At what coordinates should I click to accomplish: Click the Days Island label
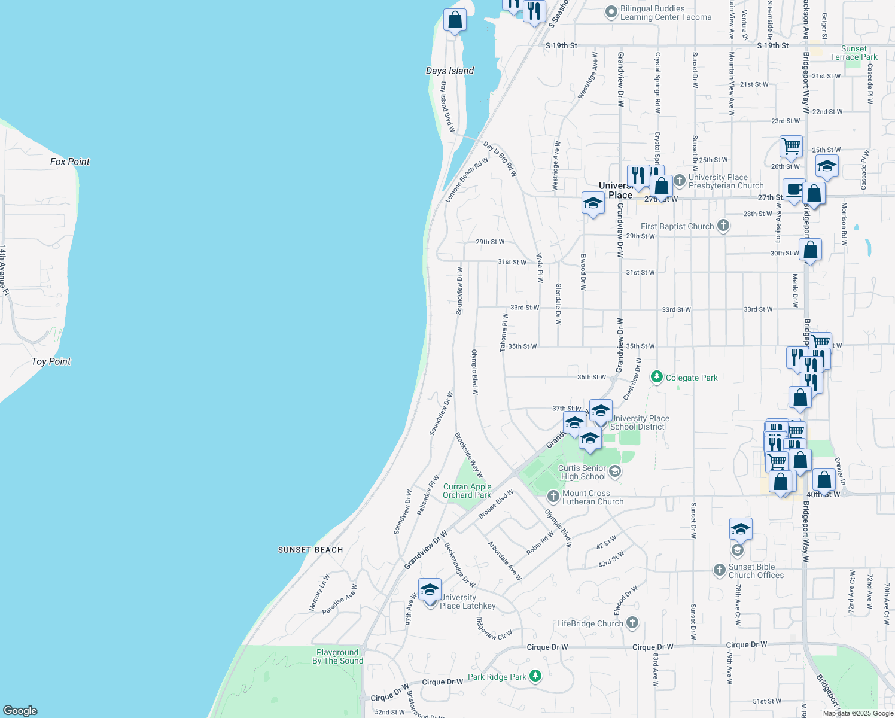tap(450, 71)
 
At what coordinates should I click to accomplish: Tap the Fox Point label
tap(70, 162)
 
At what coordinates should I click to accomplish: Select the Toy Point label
tap(51, 361)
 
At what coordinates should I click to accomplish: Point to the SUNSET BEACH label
tap(310, 550)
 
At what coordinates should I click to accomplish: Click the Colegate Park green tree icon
tap(657, 377)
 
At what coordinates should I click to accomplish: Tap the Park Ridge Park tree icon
tap(535, 676)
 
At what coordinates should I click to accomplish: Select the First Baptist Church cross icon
tap(723, 226)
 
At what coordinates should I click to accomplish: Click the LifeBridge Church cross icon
tap(632, 623)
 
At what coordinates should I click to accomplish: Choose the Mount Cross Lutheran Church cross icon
tap(553, 497)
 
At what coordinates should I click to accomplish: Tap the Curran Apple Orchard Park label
tap(467, 491)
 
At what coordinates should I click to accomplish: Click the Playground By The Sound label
tap(338, 656)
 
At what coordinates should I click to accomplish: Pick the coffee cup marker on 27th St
tap(794, 190)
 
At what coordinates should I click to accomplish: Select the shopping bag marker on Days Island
tap(455, 20)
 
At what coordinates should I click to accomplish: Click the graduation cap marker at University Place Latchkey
tap(430, 590)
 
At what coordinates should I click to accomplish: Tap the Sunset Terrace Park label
tap(854, 53)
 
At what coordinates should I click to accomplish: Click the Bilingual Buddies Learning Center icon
tap(611, 11)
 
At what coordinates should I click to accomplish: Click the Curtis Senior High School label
tap(583, 472)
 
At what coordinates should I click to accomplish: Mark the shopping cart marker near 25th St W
tap(791, 145)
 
